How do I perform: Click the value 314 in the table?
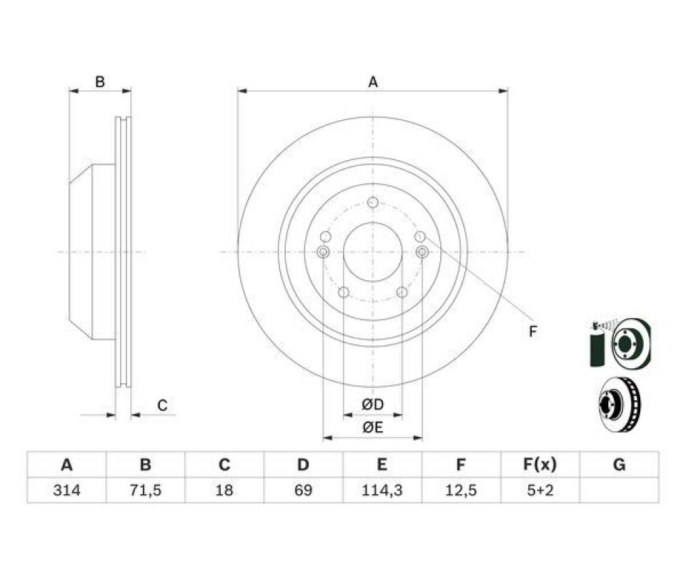coord(66,490)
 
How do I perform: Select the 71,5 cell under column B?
coord(145,490)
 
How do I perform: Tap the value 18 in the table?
coord(224,490)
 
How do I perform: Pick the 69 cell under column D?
coord(303,490)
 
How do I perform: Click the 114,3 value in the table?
coord(382,490)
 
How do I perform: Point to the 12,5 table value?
coord(461,490)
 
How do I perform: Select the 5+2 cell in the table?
coord(540,490)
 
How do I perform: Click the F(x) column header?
coord(540,464)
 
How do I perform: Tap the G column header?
coord(619,464)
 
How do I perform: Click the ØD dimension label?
coord(373,405)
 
